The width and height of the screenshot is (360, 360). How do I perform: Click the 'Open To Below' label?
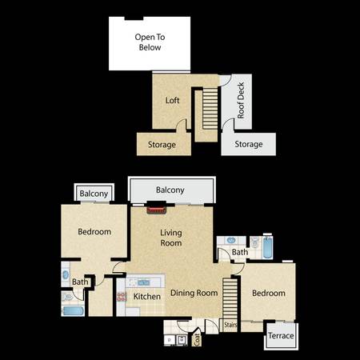[x=150, y=42]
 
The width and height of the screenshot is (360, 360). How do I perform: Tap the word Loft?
[x=172, y=101]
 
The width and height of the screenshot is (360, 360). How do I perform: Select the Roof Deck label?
[x=241, y=100]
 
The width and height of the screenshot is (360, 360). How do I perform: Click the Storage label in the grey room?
[x=249, y=144]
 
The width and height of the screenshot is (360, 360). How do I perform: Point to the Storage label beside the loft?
[x=162, y=145]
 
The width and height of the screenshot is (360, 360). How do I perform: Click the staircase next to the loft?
[x=210, y=109]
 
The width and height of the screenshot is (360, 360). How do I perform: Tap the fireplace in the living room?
[x=157, y=210]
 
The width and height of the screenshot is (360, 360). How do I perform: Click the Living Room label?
[x=171, y=238]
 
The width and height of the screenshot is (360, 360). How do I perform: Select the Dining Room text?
[x=194, y=293]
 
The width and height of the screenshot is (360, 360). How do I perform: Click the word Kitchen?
[x=147, y=297]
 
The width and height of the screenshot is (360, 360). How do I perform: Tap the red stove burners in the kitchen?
[x=122, y=297]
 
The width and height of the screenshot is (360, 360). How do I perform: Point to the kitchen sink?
[x=144, y=283]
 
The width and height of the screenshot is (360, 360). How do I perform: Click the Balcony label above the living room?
[x=170, y=190]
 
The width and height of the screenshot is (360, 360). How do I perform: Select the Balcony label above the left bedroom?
[x=94, y=194]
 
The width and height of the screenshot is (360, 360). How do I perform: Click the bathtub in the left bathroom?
[x=74, y=311]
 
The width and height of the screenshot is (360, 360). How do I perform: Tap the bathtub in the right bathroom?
[x=267, y=247]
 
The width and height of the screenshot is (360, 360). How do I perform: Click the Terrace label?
[x=281, y=336]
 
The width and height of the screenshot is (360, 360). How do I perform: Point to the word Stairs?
[x=230, y=325]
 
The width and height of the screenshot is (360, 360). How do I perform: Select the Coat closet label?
[x=197, y=339]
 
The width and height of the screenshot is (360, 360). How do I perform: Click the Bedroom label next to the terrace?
[x=269, y=293]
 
